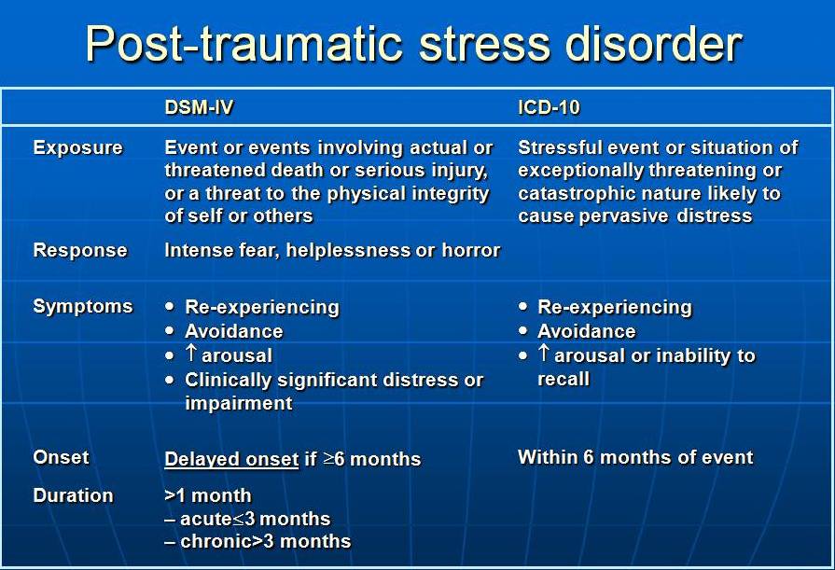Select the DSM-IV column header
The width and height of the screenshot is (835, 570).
click(x=199, y=107)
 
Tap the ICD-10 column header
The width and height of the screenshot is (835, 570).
click(x=549, y=107)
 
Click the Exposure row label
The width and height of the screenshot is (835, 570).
click(x=77, y=147)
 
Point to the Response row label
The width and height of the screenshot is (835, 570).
click(x=80, y=250)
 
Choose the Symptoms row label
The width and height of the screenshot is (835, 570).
click(x=82, y=306)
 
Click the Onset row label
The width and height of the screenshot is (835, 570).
click(x=61, y=457)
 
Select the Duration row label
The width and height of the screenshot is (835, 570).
click(x=73, y=495)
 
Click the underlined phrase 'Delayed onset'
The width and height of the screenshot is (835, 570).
click(x=231, y=459)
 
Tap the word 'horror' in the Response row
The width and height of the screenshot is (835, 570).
click(x=471, y=250)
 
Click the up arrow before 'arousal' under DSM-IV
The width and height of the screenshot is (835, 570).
click(x=191, y=354)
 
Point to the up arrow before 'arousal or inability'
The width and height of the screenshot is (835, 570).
click(x=544, y=354)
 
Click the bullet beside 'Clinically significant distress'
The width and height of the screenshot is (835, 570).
click(x=170, y=380)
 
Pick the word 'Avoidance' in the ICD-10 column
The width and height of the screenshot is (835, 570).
click(x=586, y=331)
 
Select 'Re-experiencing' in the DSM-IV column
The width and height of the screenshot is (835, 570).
click(x=262, y=307)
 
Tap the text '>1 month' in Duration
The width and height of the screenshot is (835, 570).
click(x=208, y=495)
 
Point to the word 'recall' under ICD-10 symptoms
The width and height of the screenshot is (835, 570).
click(x=564, y=379)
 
